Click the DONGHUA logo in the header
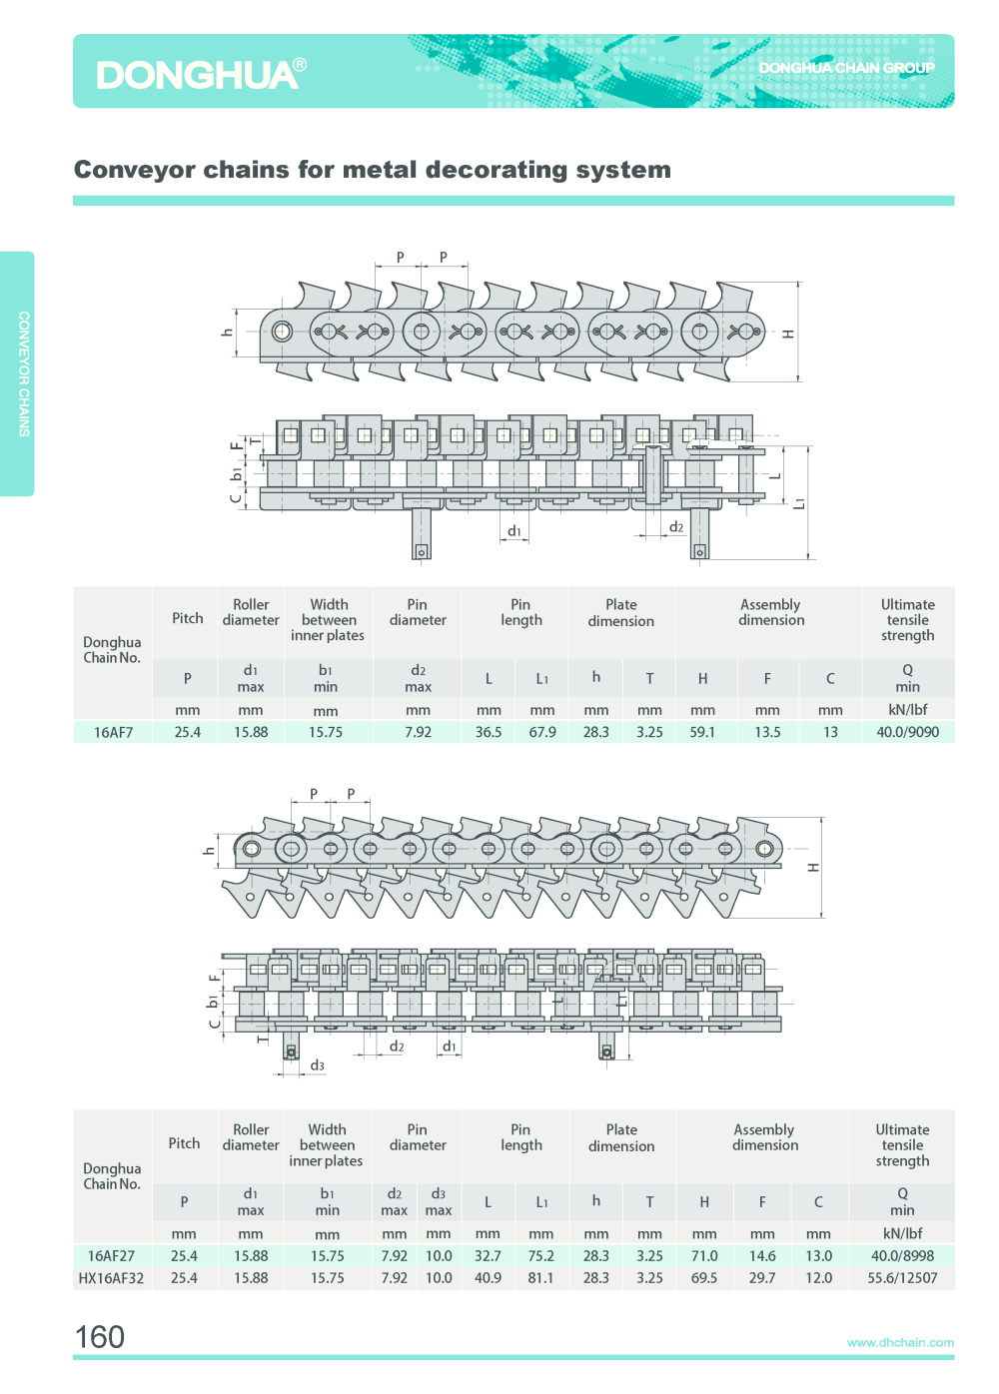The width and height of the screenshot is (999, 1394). click(201, 74)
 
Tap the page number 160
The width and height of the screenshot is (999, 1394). click(100, 1337)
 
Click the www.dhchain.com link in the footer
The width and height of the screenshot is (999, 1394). click(900, 1342)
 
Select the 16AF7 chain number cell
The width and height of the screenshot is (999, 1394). click(113, 732)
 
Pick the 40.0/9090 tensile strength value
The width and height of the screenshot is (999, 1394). click(907, 732)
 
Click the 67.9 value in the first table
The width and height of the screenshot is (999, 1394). click(542, 732)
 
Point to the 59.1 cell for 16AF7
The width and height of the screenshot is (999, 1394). click(702, 732)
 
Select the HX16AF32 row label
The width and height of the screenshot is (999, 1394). click(111, 1278)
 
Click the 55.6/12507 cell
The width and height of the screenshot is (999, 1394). click(902, 1278)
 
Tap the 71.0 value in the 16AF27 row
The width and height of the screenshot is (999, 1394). click(704, 1256)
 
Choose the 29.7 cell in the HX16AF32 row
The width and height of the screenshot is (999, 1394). click(762, 1278)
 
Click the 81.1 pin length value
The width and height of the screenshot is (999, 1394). click(540, 1278)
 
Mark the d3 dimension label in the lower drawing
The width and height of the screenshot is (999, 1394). click(318, 1065)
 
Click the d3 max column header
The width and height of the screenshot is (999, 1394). click(439, 1202)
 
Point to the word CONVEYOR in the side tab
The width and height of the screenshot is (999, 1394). click(24, 348)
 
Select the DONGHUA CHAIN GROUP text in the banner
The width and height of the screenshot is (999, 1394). click(846, 68)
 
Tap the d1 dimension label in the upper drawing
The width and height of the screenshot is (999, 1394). click(514, 531)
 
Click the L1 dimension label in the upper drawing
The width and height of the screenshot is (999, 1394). click(799, 503)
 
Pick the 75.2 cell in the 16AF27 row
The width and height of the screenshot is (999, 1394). click(540, 1256)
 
